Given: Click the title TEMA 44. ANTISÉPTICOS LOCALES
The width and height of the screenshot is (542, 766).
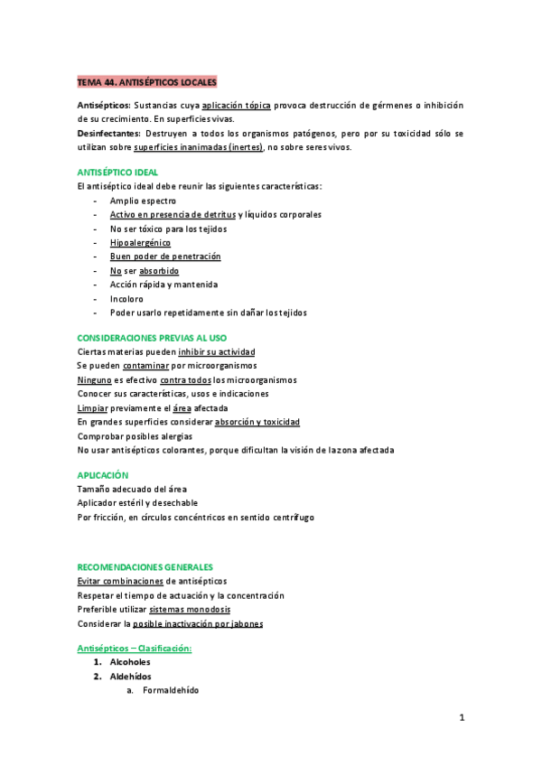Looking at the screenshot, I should pos(147,82).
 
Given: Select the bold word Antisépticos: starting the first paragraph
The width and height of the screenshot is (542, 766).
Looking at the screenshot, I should pos(104,106).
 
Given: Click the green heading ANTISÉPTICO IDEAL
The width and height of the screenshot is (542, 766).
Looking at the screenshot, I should pos(118,172).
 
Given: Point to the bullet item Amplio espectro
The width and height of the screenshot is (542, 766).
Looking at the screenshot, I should pos(143,201).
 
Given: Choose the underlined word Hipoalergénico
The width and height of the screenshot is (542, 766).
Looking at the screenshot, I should pos(140,243).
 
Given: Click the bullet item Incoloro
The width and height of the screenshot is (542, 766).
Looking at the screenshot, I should pos(126,299).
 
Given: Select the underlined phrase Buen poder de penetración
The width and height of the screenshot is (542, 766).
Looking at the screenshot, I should pos(165,257).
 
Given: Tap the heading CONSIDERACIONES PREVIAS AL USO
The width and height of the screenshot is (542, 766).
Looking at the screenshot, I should pos(153,338).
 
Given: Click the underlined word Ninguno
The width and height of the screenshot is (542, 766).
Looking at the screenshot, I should pos(94,380).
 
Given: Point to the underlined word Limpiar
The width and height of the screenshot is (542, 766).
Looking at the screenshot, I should pos(93,408).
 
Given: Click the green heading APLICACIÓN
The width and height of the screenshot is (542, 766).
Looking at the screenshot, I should pos(103,475).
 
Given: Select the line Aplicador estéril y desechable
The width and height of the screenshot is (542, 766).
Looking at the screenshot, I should pos(138,503).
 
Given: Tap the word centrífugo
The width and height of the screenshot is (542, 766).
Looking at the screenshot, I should pos(291,518).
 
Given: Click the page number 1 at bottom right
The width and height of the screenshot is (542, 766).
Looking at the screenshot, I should pos(461,718).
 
